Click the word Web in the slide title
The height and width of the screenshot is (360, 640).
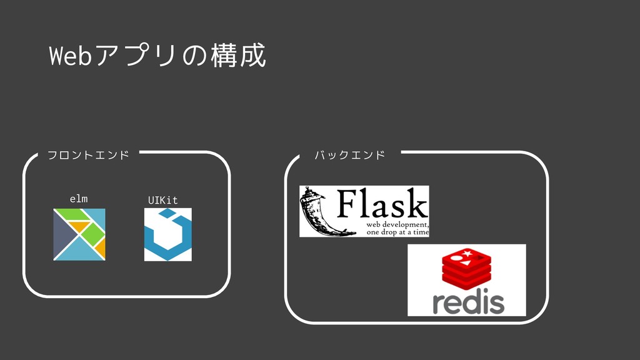pyautogui.click(x=70, y=57)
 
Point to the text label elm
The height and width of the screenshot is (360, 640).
pyautogui.click(x=79, y=199)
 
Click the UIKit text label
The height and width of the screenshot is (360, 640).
pyautogui.click(x=162, y=200)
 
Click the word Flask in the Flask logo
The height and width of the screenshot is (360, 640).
pyautogui.click(x=382, y=204)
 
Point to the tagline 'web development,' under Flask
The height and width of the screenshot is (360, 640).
pyautogui.click(x=397, y=224)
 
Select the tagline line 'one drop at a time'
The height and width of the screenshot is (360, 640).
pyautogui.click(x=397, y=232)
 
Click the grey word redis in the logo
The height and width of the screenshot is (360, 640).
pyautogui.click(x=468, y=302)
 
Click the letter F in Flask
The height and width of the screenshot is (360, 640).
pyautogui.click(x=346, y=204)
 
